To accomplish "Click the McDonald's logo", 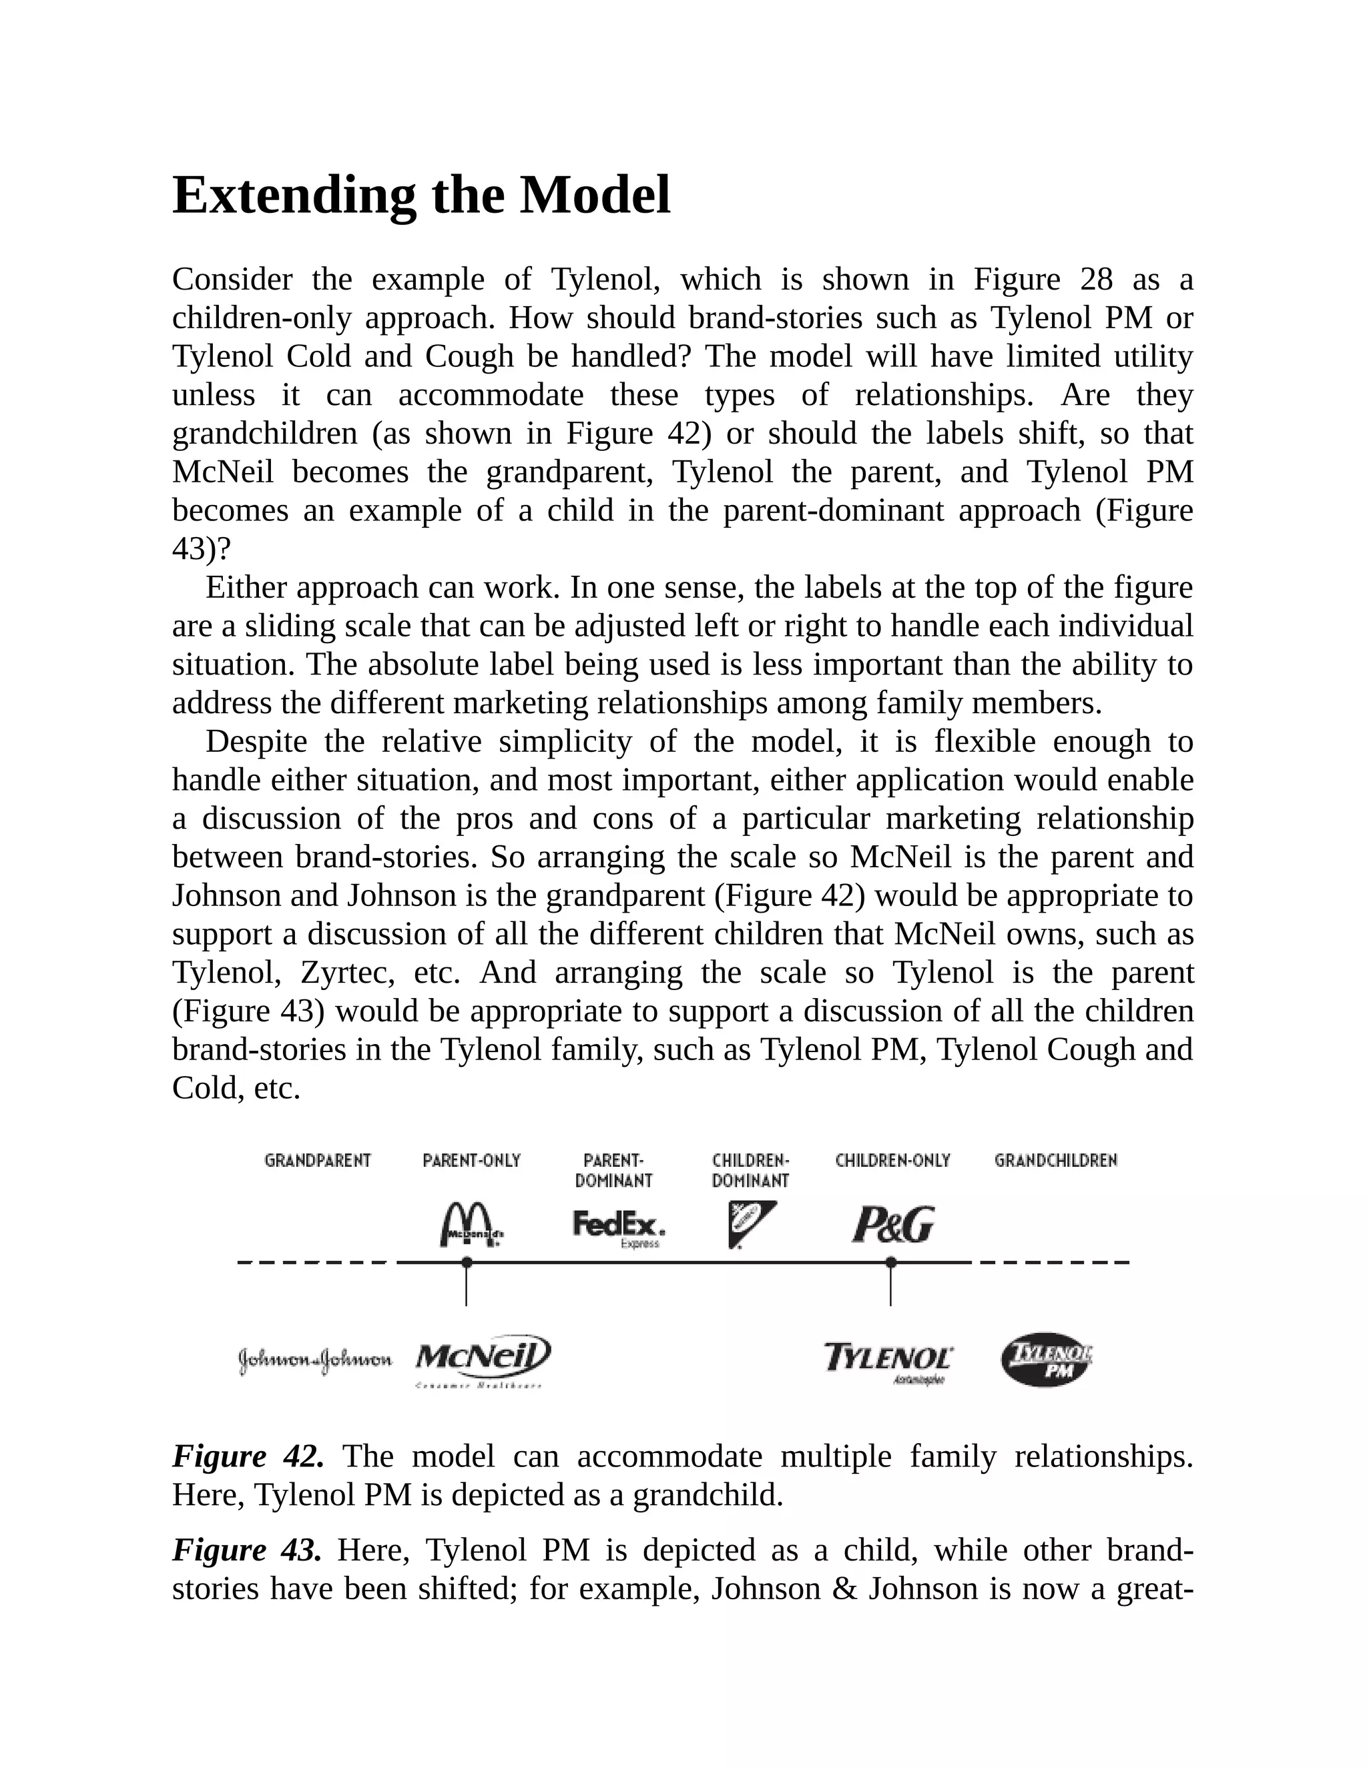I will [x=471, y=1225].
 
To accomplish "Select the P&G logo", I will [x=892, y=1225].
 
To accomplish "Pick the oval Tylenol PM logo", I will [x=1047, y=1359].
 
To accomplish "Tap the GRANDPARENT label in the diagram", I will [x=318, y=1161].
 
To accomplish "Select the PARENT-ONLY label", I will [x=471, y=1161].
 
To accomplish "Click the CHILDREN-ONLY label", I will [x=892, y=1161].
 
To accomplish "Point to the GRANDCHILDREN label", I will [x=1055, y=1161].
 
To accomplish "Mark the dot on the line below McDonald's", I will [x=467, y=1262].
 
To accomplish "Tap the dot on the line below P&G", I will [x=891, y=1262].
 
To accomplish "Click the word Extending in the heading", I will [x=294, y=196].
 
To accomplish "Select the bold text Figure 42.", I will [x=248, y=1456].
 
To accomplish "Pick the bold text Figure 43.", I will [x=247, y=1551].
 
